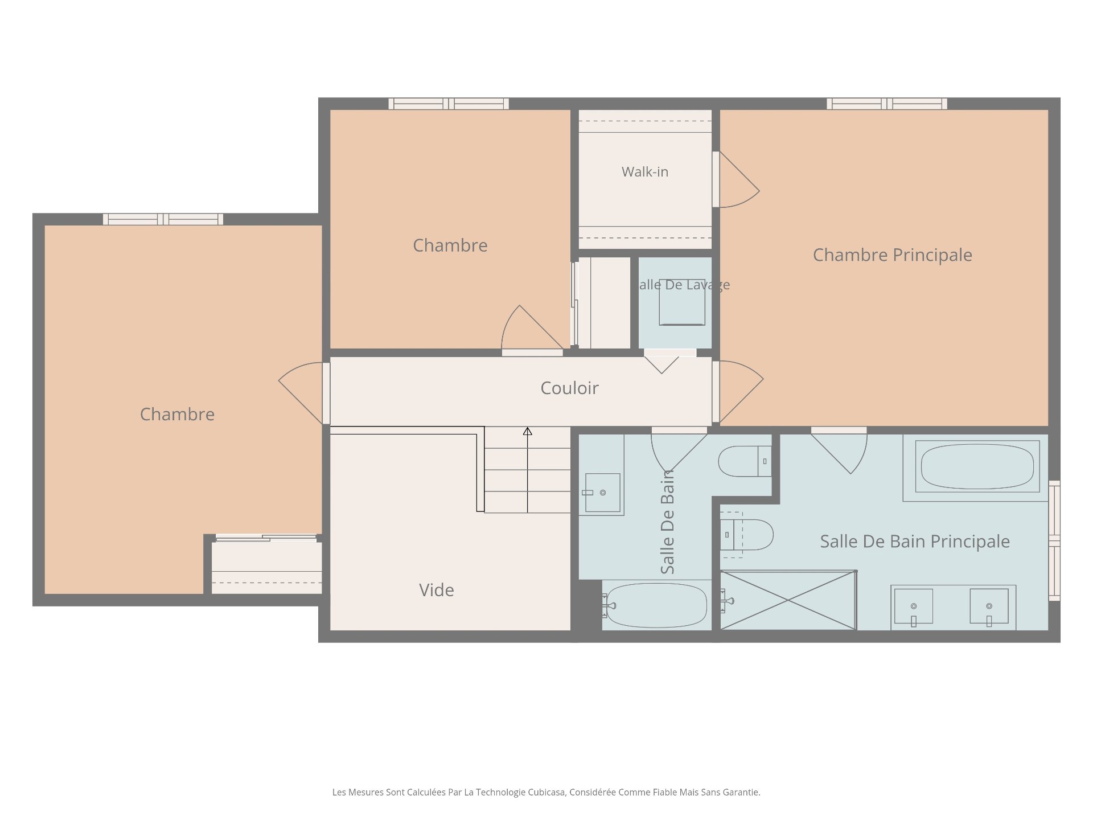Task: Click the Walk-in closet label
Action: [x=645, y=172]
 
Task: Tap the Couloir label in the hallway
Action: [x=569, y=388]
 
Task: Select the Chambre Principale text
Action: [x=892, y=255]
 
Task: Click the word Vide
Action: [x=437, y=590]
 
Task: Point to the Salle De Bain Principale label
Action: [x=915, y=542]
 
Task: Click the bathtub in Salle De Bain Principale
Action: [x=977, y=466]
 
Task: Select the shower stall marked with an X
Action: [x=788, y=600]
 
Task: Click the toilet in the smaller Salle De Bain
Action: [x=745, y=461]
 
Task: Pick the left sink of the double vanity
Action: [x=914, y=606]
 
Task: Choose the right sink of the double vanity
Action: [x=989, y=606]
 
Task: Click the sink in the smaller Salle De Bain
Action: [x=602, y=493]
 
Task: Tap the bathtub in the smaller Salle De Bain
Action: [x=657, y=605]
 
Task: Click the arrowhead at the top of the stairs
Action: [x=528, y=432]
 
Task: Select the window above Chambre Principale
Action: [x=887, y=104]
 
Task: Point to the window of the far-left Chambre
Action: [x=163, y=219]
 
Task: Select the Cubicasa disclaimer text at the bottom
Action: [x=546, y=792]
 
